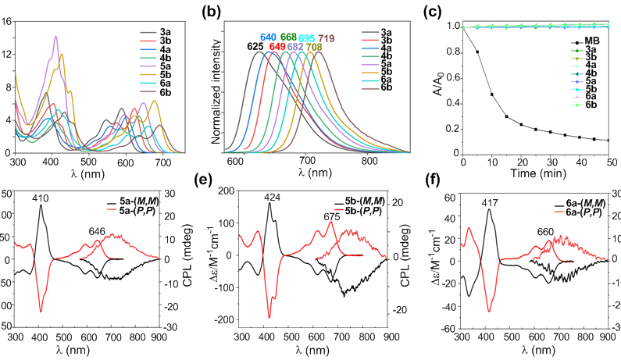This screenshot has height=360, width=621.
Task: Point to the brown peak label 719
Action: [326, 38]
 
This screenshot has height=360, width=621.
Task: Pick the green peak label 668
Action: [288, 38]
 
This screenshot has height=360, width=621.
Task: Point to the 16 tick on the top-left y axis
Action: [6, 22]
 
